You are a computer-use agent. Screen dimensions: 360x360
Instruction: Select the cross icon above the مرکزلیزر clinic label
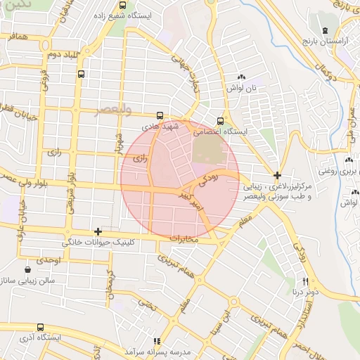[x=278, y=175]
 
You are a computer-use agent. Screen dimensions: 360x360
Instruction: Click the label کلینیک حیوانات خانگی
[x=101, y=241]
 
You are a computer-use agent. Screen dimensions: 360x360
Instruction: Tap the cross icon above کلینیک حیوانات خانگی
[x=98, y=231]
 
